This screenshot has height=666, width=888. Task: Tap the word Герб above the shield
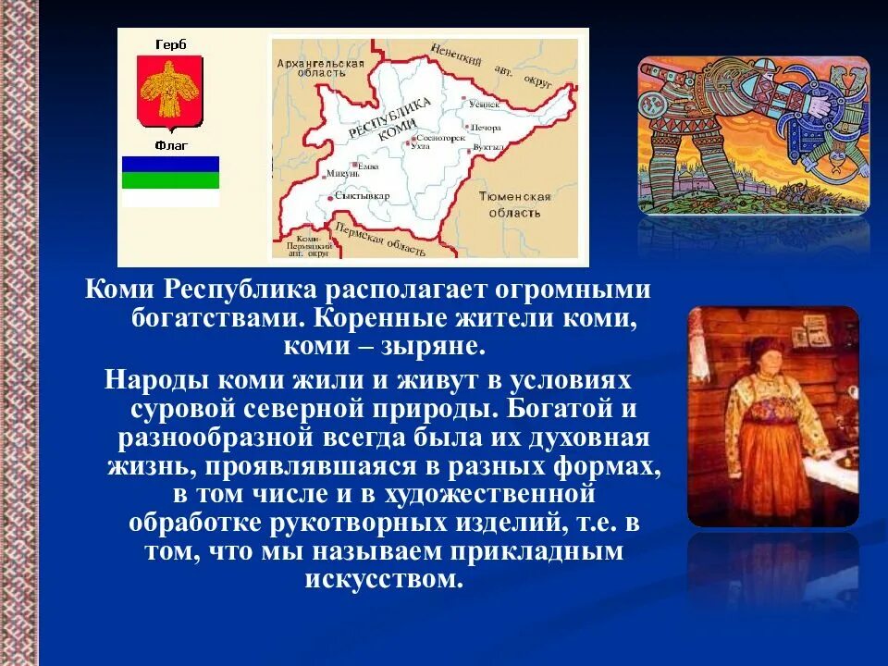(x=169, y=43)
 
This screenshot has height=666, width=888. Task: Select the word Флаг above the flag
(x=170, y=145)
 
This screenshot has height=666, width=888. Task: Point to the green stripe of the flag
(x=171, y=180)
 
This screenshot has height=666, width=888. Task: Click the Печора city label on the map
(x=487, y=128)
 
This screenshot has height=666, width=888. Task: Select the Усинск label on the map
(x=484, y=105)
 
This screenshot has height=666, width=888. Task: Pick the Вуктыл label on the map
(x=488, y=147)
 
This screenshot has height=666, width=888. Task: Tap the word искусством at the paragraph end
(x=382, y=580)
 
